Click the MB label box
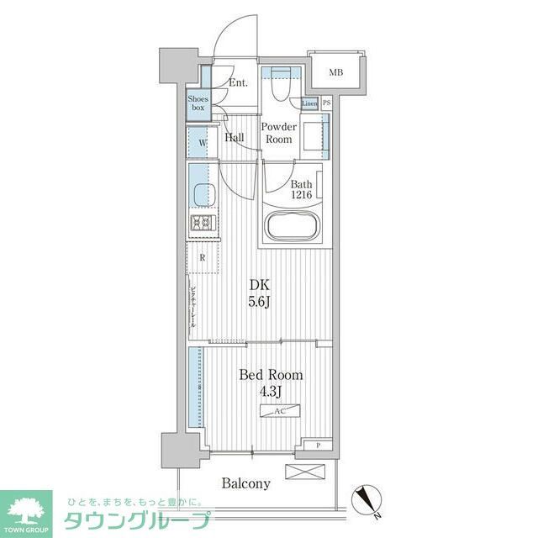pos(335,72)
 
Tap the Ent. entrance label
pos(238,83)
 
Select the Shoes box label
pos(198,103)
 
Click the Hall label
pos(235,137)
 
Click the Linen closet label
pos(309,103)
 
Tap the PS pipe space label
pos(326,103)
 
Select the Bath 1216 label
pos(301,190)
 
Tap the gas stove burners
pos(203,223)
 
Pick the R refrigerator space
pos(203,258)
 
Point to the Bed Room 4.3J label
pos(271,382)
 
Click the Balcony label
pos(246,483)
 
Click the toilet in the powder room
pos(280,84)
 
